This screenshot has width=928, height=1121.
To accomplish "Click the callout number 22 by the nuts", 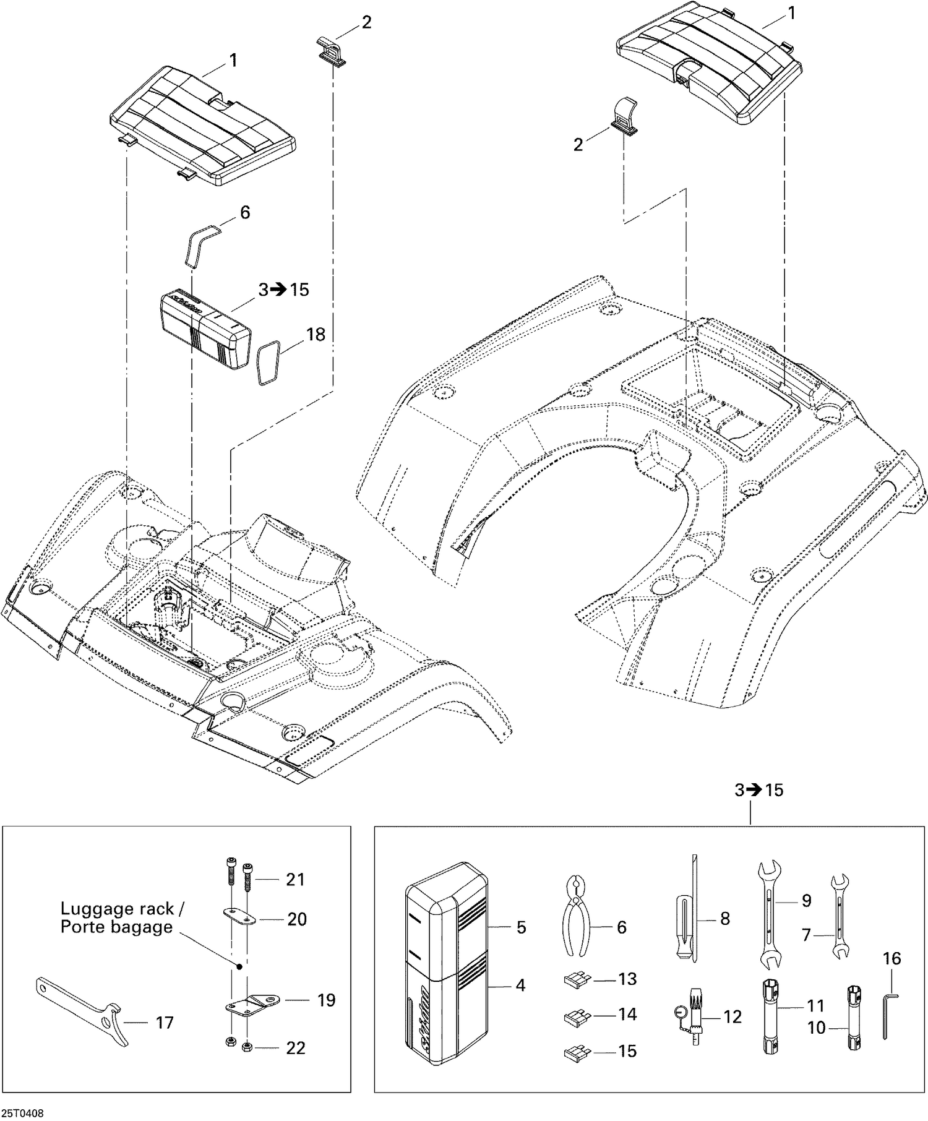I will [296, 1048].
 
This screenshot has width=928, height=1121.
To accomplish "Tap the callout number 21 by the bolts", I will [295, 879].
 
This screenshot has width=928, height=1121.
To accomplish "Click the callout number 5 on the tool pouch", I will [521, 927].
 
